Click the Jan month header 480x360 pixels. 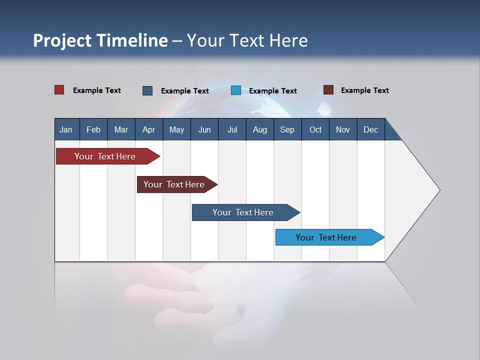(x=66, y=129)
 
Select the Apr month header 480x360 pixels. (x=148, y=129)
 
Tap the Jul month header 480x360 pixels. (x=232, y=129)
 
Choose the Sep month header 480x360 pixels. (x=287, y=129)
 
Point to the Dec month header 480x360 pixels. (x=370, y=129)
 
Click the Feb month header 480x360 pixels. (x=93, y=129)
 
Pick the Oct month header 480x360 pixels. (x=315, y=129)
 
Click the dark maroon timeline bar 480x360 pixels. (x=175, y=184)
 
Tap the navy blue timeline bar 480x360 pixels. (x=244, y=212)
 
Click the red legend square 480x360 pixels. (x=59, y=90)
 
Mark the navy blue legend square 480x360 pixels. (x=147, y=90)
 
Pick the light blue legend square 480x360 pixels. (x=236, y=90)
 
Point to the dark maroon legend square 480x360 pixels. (x=328, y=90)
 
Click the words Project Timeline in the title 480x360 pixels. (x=100, y=40)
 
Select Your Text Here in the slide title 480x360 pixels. (x=247, y=40)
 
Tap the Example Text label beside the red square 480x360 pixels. (x=97, y=90)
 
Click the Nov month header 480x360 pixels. (x=343, y=129)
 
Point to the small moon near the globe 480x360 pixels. (x=324, y=108)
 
